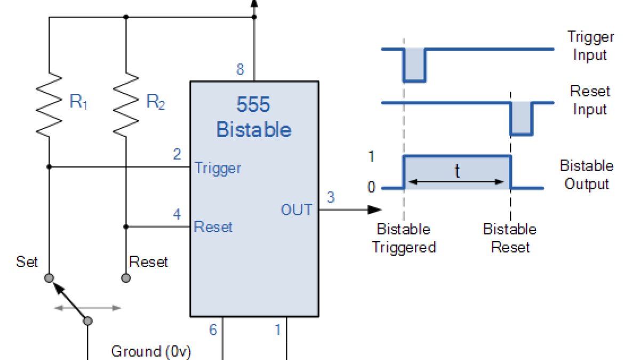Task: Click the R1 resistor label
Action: [78, 101]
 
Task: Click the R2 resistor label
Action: [156, 101]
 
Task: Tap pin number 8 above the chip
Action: [241, 69]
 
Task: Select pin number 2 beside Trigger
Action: [177, 154]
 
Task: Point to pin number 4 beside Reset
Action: [177, 214]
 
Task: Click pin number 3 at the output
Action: [331, 197]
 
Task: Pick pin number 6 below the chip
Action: [213, 330]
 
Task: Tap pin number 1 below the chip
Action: [277, 330]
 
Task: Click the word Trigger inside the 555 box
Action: [218, 169]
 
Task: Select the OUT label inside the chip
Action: [297, 210]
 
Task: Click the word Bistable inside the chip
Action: [254, 130]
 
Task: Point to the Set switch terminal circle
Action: [49, 278]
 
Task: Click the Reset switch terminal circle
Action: [126, 278]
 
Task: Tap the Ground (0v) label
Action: [151, 351]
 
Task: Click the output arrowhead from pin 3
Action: [374, 210]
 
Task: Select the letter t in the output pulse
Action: [458, 171]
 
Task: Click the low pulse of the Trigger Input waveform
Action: [414, 65]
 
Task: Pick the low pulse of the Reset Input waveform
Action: [522, 118]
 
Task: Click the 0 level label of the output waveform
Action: [371, 187]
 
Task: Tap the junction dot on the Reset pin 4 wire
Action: [126, 227]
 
